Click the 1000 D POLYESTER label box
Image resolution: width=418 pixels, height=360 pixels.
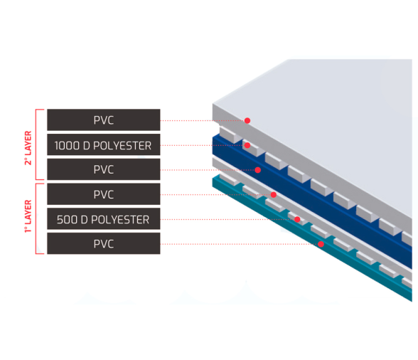click(104, 144)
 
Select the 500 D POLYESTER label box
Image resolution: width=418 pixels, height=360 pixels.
click(104, 219)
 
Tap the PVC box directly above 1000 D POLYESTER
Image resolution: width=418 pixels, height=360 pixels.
click(104, 120)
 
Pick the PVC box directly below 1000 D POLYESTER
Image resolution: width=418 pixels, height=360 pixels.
click(104, 169)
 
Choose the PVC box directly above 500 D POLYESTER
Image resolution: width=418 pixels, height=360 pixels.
click(104, 194)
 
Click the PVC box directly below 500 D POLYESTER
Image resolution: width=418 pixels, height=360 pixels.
click(104, 243)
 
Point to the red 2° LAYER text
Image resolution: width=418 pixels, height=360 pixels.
click(28, 148)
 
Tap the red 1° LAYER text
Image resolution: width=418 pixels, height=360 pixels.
click(28, 216)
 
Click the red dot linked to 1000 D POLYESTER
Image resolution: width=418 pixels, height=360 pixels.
click(247, 145)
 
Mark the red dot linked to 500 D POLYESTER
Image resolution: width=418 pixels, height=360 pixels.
click(297, 219)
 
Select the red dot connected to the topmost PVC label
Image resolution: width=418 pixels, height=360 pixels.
click(247, 121)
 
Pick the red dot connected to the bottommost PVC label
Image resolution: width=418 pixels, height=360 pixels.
click(321, 244)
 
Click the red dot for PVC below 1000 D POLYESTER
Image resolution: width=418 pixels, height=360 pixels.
click(257, 170)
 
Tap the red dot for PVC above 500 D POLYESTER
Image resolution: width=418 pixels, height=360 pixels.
click(274, 194)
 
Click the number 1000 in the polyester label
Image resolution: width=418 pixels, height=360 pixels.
click(67, 146)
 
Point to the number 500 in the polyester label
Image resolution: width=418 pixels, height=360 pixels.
click(67, 220)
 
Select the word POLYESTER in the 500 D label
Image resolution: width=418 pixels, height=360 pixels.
click(120, 220)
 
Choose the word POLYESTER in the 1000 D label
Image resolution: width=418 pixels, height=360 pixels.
click(122, 146)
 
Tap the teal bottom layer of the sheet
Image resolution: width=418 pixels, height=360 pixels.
click(312, 240)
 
